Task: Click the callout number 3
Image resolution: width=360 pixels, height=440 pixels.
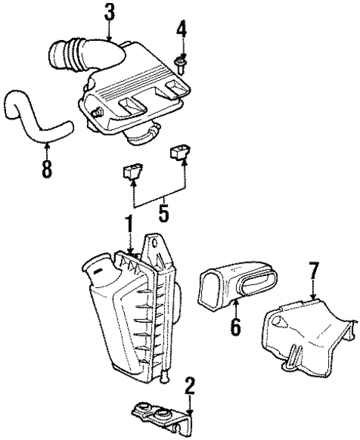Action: [109, 13]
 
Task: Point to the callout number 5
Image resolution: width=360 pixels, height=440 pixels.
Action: [163, 211]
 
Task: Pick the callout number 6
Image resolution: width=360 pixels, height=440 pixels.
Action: [235, 326]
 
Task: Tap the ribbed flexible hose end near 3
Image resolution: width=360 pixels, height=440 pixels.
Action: [65, 56]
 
